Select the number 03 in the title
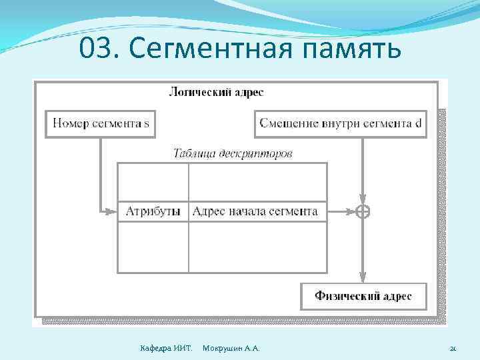pyautogui.click(x=95, y=48)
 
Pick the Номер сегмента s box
pyautogui.click(x=101, y=123)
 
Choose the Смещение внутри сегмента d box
pyautogui.click(x=340, y=123)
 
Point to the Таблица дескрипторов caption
pyautogui.click(x=233, y=153)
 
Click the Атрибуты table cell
pyautogui.click(x=153, y=211)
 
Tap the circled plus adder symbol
pyautogui.click(x=363, y=212)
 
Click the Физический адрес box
pyautogui.click(x=363, y=296)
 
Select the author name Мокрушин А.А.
pyautogui.click(x=231, y=349)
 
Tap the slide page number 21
pyautogui.click(x=453, y=349)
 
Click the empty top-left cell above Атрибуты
pyautogui.click(x=153, y=182)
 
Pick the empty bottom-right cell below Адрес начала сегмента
pyautogui.click(x=257, y=247)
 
